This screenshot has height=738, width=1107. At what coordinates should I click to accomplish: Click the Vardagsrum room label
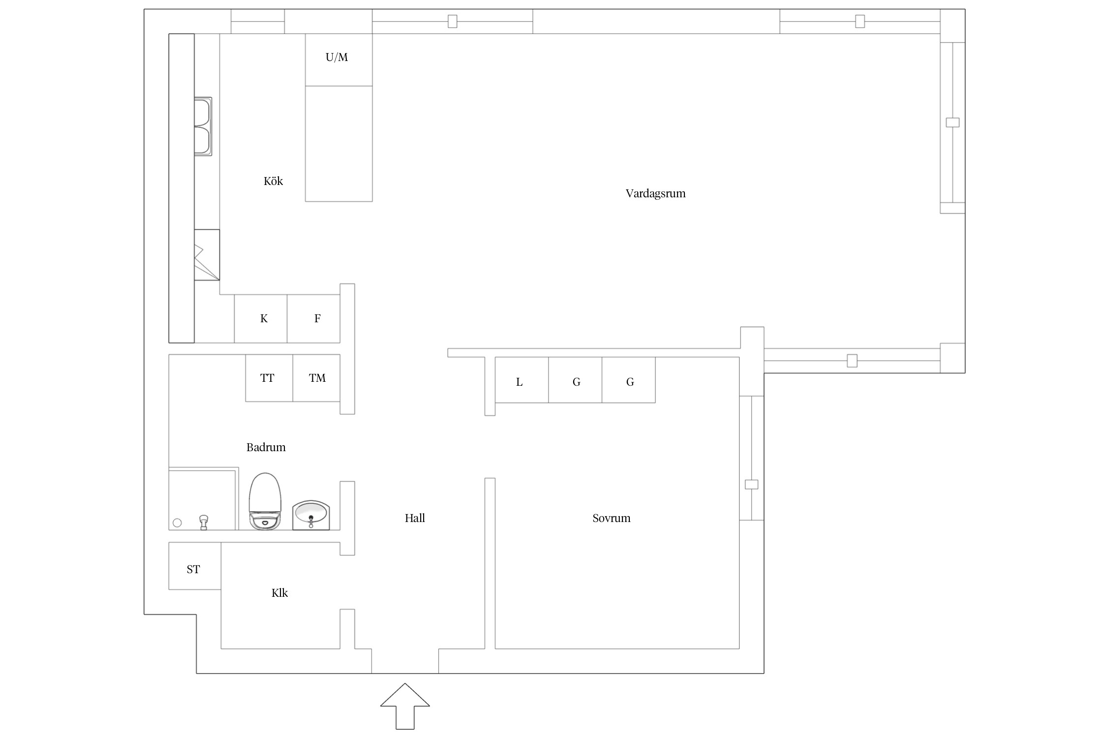[655, 193]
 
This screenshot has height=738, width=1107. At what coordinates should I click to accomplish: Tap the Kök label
[273, 181]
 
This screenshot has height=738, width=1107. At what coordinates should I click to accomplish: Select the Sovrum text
[611, 518]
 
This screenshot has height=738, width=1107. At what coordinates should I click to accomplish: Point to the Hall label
[415, 518]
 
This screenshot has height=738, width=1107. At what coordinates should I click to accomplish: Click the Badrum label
[266, 447]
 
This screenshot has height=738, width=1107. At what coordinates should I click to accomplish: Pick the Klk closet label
[279, 593]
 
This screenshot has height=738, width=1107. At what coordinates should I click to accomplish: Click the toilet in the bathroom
[265, 501]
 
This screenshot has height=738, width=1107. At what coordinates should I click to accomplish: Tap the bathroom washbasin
[311, 515]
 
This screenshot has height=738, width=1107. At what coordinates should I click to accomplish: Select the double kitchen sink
[203, 126]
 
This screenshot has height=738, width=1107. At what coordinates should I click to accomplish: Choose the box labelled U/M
[338, 60]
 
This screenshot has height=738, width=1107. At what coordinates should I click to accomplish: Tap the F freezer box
[313, 319]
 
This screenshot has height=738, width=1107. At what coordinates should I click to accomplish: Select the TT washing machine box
[269, 378]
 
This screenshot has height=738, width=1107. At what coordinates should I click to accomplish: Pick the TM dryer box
[316, 378]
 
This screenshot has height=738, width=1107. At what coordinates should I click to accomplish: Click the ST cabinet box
[195, 566]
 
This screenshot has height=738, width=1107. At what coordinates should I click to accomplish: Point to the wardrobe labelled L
[522, 380]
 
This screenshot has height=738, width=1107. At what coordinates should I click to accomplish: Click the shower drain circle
[178, 523]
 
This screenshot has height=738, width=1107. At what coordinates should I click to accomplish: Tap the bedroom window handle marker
[751, 484]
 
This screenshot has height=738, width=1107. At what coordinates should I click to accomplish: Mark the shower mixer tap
[204, 522]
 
